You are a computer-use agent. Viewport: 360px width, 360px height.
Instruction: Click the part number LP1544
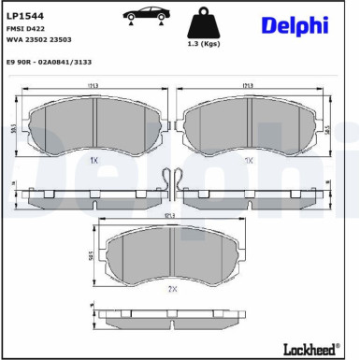25,16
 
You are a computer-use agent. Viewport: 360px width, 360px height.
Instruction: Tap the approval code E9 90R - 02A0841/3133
55,62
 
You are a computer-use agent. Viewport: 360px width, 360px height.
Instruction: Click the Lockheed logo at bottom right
310,348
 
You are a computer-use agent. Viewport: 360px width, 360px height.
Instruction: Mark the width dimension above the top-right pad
248,86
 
